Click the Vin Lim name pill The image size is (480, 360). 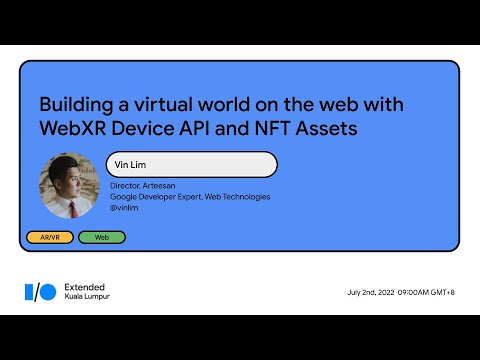pos(191,164)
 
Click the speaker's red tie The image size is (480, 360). pos(72,209)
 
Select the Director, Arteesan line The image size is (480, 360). pos(143,186)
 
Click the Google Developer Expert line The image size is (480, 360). pos(189,197)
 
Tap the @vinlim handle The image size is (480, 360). pos(124,208)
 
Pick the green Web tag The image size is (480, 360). pos(101,237)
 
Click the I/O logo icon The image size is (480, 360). pos(40,291)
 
